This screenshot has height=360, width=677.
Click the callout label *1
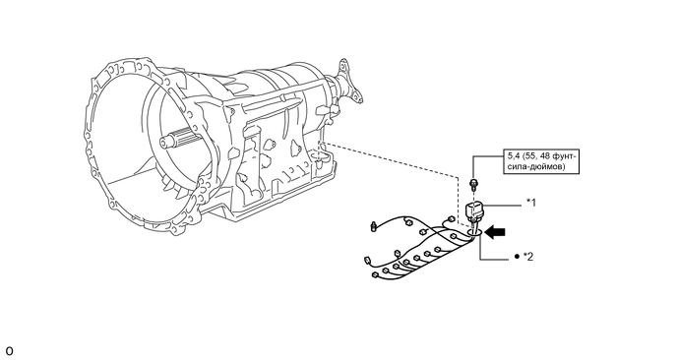click(x=531, y=202)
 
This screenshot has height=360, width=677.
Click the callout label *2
click(x=528, y=257)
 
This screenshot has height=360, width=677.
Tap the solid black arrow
click(x=495, y=232)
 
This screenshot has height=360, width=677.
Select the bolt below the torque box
click(x=473, y=185)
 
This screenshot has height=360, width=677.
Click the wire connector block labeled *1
click(x=474, y=211)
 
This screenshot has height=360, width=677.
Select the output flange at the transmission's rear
click(x=346, y=82)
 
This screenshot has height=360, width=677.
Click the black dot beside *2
click(x=517, y=257)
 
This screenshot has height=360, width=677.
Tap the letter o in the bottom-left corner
click(x=10, y=351)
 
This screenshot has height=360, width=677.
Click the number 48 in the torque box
click(x=545, y=156)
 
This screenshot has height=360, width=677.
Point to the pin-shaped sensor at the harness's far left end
click(x=374, y=226)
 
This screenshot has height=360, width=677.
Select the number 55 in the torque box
click(x=530, y=156)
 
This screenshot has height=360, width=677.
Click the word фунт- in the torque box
click(x=564, y=156)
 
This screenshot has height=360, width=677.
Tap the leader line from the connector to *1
click(x=503, y=207)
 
